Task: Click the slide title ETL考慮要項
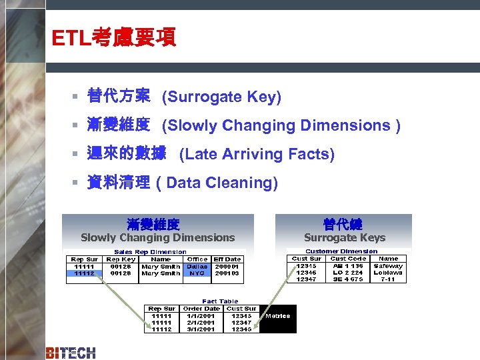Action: (x=114, y=38)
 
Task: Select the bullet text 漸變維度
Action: (x=119, y=125)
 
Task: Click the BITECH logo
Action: (x=71, y=353)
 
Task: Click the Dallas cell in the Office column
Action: (x=197, y=266)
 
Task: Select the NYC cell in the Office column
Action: (x=197, y=273)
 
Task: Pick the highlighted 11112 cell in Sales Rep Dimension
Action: (x=84, y=273)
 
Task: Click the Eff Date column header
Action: (x=227, y=259)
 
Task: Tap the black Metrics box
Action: (x=277, y=316)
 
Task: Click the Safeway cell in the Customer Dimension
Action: (x=388, y=265)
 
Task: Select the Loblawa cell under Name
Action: (x=388, y=272)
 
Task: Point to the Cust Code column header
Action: (x=348, y=258)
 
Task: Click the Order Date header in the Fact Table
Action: (x=202, y=309)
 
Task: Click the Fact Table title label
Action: (x=220, y=301)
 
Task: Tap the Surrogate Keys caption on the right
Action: (x=345, y=238)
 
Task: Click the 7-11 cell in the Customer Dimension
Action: (x=388, y=279)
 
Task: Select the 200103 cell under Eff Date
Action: (x=227, y=273)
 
